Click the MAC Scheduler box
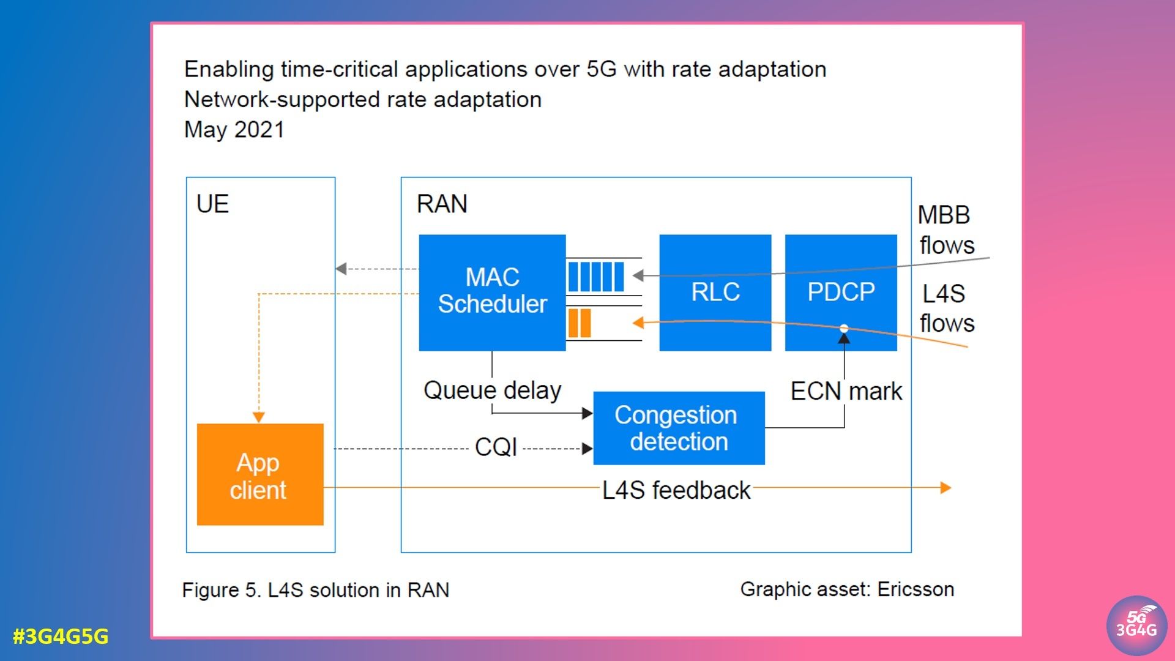click(x=492, y=292)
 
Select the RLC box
click(x=715, y=292)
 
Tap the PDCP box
click(x=841, y=292)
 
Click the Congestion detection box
click(x=679, y=428)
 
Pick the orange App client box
click(x=259, y=474)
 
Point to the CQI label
click(x=496, y=447)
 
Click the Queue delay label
click(x=492, y=390)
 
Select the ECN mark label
click(x=846, y=391)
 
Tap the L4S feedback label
click(x=676, y=490)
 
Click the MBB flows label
click(x=946, y=230)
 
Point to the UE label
click(x=212, y=204)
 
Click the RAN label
click(x=442, y=204)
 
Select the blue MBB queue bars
click(x=595, y=277)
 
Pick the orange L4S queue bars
click(x=579, y=323)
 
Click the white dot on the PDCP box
click(x=844, y=329)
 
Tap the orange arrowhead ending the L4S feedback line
click(x=946, y=488)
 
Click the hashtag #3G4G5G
click(x=61, y=637)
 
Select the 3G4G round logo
click(x=1136, y=626)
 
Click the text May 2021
click(x=234, y=130)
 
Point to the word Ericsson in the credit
click(x=916, y=589)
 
